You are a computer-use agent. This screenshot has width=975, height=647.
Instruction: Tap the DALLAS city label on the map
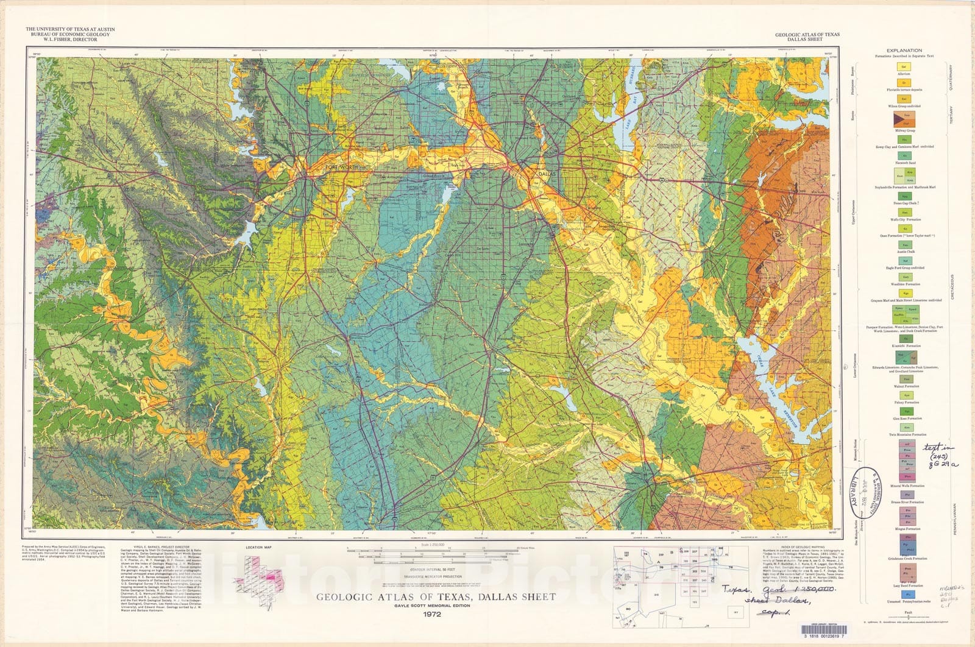click(x=547, y=174)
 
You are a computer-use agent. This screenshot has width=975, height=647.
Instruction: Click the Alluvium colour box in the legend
click(x=904, y=66)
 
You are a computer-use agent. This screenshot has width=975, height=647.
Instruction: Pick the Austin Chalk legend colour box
click(x=905, y=244)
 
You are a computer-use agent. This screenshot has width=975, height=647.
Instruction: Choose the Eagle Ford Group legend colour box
click(x=905, y=261)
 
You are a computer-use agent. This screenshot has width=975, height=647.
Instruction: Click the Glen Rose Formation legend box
click(x=905, y=411)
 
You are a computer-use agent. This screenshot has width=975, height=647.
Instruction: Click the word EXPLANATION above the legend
click(x=904, y=51)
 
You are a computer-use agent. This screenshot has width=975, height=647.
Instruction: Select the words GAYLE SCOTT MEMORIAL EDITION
click(x=435, y=606)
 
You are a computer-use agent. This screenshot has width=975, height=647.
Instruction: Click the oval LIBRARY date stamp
click(x=869, y=493)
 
